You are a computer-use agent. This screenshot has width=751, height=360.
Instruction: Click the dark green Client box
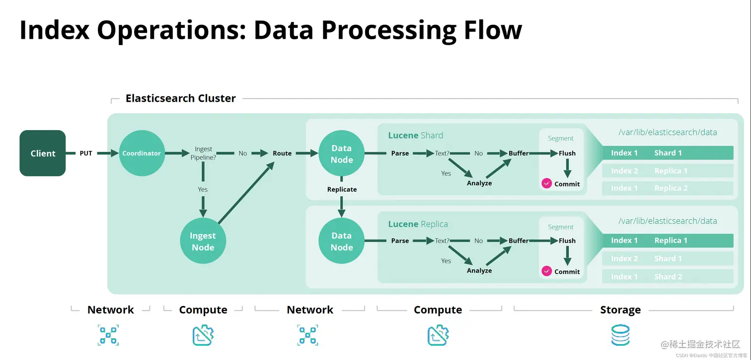[43, 153]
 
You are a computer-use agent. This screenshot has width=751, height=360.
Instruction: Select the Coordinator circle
[142, 153]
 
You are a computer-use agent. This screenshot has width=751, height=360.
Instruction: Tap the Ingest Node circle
[203, 241]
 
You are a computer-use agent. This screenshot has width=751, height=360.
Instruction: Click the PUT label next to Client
[86, 153]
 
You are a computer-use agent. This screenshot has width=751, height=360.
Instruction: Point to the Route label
[282, 153]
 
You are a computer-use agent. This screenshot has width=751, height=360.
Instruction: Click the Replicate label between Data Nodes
[342, 189]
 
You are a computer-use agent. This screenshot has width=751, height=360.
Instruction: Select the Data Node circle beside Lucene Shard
[342, 153]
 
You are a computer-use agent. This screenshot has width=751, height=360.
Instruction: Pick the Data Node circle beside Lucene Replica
[342, 241]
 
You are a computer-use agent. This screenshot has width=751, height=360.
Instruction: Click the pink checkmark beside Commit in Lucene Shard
[546, 183]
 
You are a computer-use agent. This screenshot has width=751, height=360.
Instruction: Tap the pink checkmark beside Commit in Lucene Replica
[546, 271]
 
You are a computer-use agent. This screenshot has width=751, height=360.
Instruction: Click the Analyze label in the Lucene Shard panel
[479, 183]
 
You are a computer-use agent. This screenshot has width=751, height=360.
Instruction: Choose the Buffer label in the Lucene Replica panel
[519, 241]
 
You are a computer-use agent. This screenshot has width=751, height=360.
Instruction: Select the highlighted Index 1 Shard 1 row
[668, 153]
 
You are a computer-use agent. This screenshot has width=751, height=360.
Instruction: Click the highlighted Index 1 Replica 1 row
[668, 241]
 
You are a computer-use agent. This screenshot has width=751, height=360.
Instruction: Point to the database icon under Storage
[620, 335]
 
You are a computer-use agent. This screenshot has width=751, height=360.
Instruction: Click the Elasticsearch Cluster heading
[180, 98]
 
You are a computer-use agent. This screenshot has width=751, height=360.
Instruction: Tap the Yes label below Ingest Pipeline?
[203, 189]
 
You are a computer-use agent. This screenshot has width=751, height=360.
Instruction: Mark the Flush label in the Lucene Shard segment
[567, 153]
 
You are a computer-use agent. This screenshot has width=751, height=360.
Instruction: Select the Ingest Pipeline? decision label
[203, 153]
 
